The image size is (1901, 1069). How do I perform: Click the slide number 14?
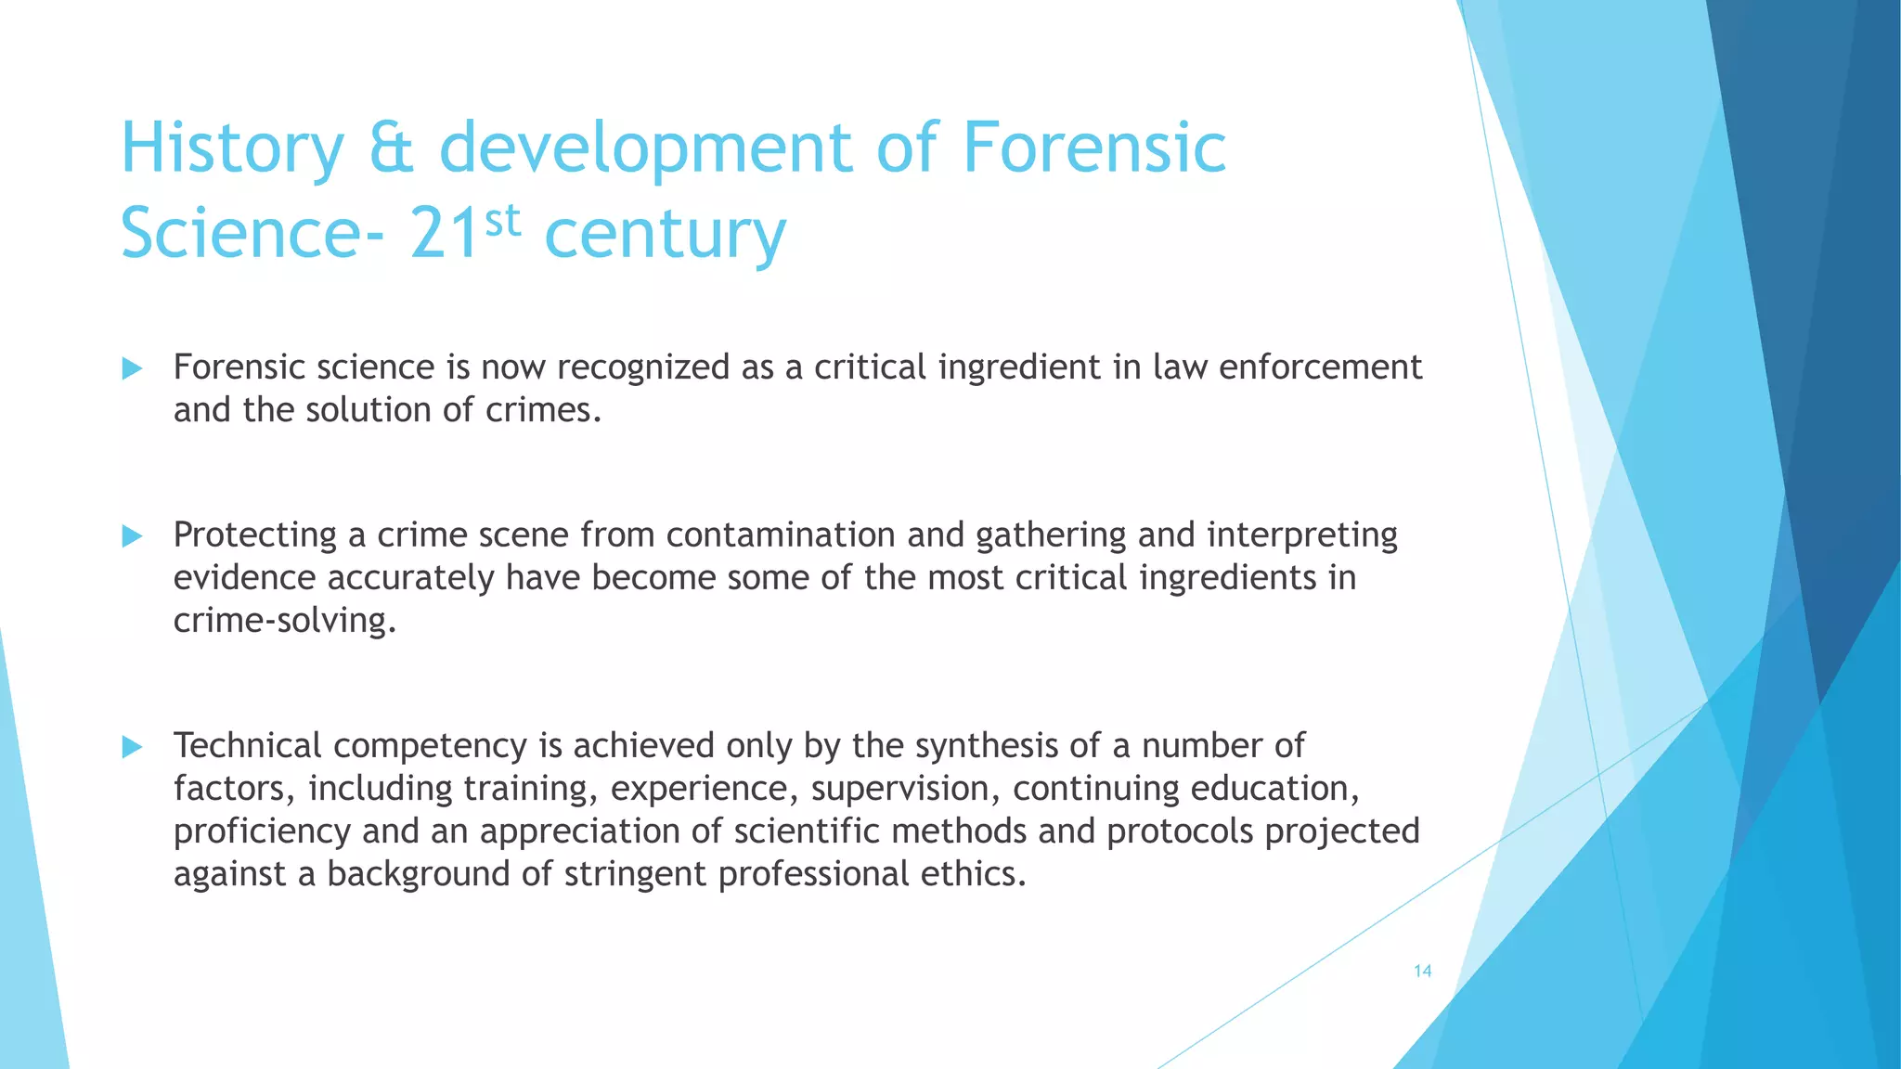pos(1422,972)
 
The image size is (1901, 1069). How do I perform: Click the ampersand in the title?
pos(391,148)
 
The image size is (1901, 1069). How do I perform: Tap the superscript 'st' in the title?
pos(502,221)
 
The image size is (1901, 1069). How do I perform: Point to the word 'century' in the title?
pos(665,236)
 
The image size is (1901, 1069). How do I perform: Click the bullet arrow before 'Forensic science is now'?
pos(132,369)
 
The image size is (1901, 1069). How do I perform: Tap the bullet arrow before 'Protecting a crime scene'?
pos(132,535)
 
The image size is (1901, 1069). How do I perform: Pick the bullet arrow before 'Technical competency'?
pos(132,747)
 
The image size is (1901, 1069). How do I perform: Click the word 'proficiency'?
pos(262,832)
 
